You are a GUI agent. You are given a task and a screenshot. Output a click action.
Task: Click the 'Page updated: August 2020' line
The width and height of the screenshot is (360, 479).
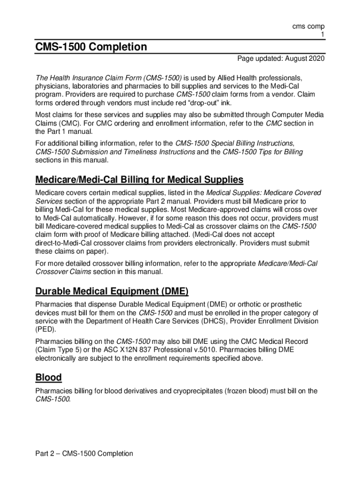click(281, 58)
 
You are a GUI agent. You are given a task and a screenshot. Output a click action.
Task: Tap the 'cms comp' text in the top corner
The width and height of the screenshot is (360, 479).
click(308, 27)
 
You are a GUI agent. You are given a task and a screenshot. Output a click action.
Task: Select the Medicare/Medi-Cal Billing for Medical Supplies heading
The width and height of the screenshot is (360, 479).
click(139, 180)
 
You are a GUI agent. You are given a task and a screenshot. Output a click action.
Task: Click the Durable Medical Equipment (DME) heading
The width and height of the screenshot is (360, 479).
click(112, 292)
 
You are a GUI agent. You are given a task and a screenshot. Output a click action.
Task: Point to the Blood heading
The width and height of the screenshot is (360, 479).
click(49, 377)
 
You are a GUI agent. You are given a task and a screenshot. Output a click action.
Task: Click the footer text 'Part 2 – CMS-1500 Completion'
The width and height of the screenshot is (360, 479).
click(84, 453)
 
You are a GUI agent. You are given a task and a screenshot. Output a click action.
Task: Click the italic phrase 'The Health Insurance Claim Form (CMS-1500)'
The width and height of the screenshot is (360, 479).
click(108, 78)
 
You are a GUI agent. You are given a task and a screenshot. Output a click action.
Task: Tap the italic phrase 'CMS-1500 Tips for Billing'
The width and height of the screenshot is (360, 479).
click(263, 152)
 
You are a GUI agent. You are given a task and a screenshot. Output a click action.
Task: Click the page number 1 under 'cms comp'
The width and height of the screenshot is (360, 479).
click(322, 35)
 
